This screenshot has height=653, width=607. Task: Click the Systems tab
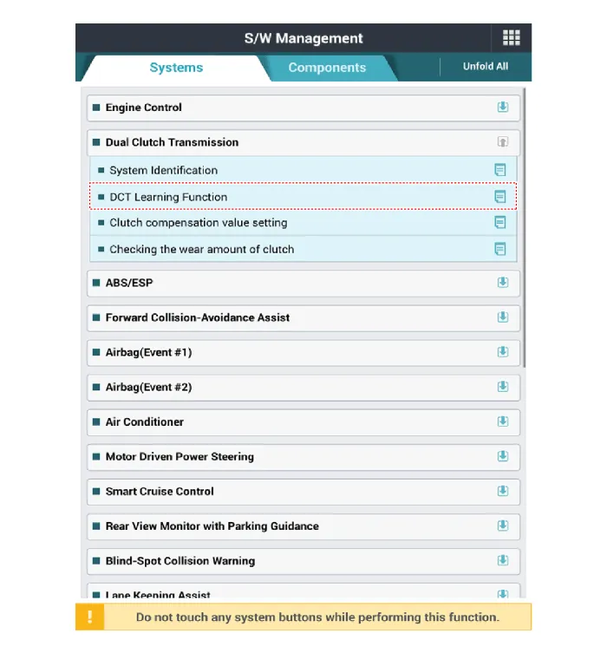pyautogui.click(x=176, y=68)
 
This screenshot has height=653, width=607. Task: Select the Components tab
pyautogui.click(x=327, y=68)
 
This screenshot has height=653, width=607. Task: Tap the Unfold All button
pyautogui.click(x=486, y=67)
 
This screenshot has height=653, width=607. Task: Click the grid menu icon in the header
pyautogui.click(x=511, y=38)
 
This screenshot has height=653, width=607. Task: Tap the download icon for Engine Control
pyautogui.click(x=503, y=108)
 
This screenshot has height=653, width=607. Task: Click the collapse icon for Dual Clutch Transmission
pyautogui.click(x=503, y=142)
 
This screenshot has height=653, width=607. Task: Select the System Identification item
pyautogui.click(x=163, y=170)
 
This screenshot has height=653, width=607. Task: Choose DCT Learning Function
pyautogui.click(x=168, y=197)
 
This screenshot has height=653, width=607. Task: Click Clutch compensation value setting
pyautogui.click(x=198, y=223)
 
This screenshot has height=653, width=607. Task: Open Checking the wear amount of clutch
pyautogui.click(x=201, y=249)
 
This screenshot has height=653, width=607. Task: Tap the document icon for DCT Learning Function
pyautogui.click(x=500, y=197)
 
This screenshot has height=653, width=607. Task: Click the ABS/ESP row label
pyautogui.click(x=129, y=283)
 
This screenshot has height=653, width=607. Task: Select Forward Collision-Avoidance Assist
pyautogui.click(x=198, y=317)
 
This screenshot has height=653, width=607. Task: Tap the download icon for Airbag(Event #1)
pyautogui.click(x=503, y=352)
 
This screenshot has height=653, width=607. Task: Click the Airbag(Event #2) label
pyautogui.click(x=148, y=387)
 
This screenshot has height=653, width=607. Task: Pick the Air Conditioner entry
pyautogui.click(x=145, y=421)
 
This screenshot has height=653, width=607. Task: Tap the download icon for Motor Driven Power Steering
pyautogui.click(x=503, y=456)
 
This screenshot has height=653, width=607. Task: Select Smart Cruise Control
pyautogui.click(x=160, y=491)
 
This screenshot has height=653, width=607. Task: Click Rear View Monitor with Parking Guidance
pyautogui.click(x=212, y=526)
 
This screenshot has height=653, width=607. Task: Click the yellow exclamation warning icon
pyautogui.click(x=90, y=617)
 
